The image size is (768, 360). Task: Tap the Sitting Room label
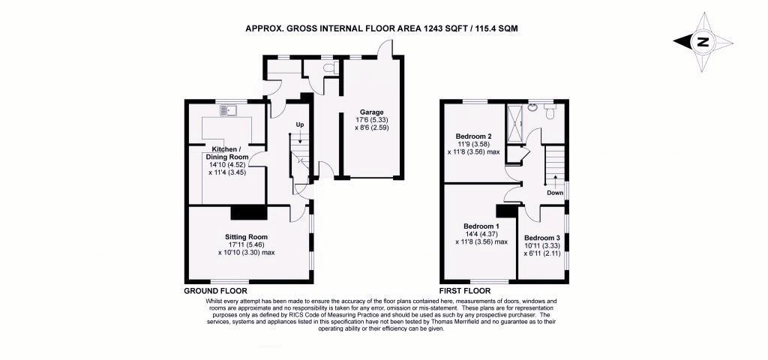tap(247, 236)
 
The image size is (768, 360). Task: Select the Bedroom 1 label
tap(481, 226)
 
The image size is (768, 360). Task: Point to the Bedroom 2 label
tap(473, 136)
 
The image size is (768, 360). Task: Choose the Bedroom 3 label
tap(541, 238)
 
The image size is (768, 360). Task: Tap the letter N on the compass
tap(703, 42)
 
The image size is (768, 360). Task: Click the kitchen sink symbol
tap(228, 111)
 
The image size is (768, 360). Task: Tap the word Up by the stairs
tap(299, 125)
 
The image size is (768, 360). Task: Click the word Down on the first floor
tap(555, 193)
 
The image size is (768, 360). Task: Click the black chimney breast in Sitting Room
tap(249, 213)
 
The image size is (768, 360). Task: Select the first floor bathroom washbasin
tap(534, 106)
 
